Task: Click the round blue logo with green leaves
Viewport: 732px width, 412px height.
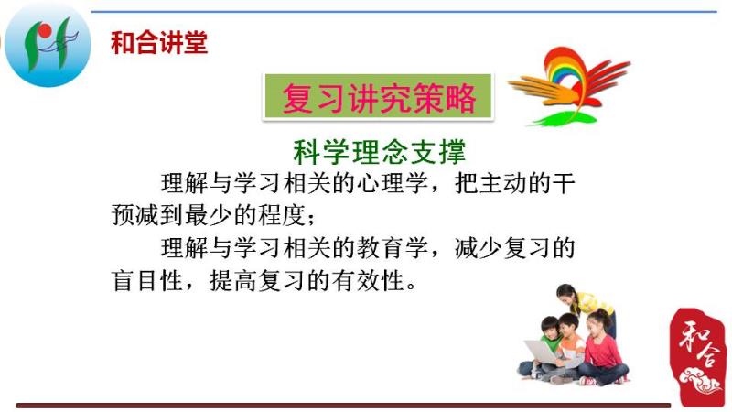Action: tap(48, 45)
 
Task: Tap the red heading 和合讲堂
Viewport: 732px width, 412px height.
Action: tap(159, 43)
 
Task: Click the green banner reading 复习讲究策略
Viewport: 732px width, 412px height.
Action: tap(378, 97)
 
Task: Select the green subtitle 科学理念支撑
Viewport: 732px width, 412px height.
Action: tap(380, 151)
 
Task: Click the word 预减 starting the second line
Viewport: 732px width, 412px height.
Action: tap(135, 215)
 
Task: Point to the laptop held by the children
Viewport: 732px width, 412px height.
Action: tap(543, 352)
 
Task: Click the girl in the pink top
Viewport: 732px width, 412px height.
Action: tap(603, 348)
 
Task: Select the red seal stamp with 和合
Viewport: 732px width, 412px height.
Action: tap(698, 356)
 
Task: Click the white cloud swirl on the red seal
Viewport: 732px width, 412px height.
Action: tap(700, 380)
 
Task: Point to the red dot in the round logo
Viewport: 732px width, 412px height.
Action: tap(45, 31)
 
